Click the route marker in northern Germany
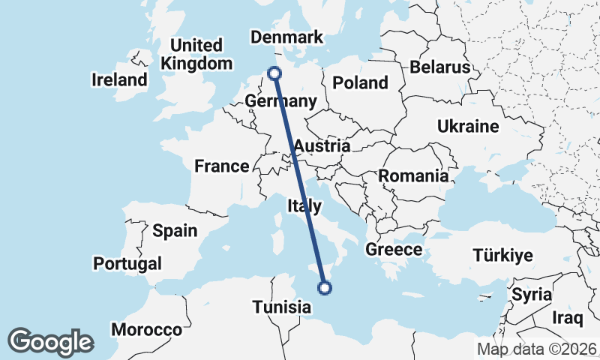(x=274, y=73)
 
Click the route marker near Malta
(x=325, y=286)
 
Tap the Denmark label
(x=286, y=37)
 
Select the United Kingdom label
(x=196, y=54)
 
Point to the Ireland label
(x=119, y=79)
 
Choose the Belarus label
(x=439, y=67)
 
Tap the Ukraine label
(x=468, y=126)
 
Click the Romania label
(x=413, y=176)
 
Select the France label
(x=221, y=166)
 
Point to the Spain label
(x=174, y=230)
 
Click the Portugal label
(x=127, y=263)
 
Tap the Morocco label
(x=147, y=329)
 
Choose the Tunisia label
(x=281, y=307)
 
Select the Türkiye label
(x=502, y=255)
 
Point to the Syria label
(x=532, y=295)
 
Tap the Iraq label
(x=567, y=318)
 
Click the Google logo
(x=50, y=342)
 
